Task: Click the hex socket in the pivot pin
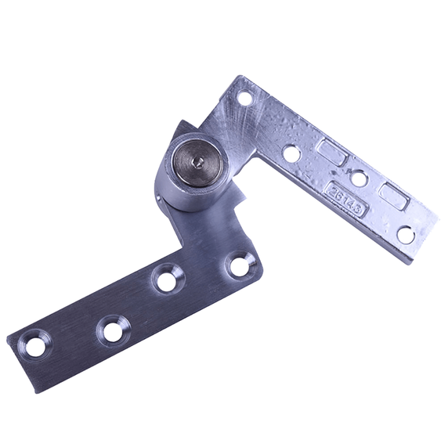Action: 200,160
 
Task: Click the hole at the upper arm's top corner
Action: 244,99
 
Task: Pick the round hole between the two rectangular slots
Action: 359,178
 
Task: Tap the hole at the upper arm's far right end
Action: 405,234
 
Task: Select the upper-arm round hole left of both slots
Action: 291,153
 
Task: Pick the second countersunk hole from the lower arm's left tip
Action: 113,331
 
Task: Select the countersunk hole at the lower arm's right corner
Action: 240,266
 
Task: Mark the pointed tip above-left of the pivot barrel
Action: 182,123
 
